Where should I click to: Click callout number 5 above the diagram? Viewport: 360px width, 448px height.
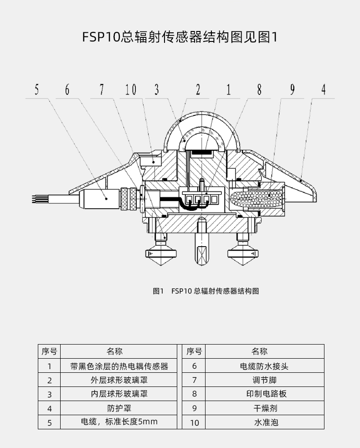point(36,89)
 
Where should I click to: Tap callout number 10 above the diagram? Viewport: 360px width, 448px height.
point(131,89)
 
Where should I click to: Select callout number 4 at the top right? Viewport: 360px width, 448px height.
point(324,89)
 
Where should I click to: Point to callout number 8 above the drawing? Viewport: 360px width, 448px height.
point(259,89)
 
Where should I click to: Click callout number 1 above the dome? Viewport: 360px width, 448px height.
point(228,89)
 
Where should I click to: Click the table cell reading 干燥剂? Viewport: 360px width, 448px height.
point(265,408)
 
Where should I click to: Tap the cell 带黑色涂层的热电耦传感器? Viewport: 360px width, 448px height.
point(119,366)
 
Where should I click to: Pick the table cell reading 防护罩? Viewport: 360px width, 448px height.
point(119,408)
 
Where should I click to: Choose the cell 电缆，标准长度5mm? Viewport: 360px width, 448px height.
point(119,422)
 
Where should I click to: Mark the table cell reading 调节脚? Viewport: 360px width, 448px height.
point(265,380)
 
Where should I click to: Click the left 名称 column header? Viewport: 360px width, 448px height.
point(114,351)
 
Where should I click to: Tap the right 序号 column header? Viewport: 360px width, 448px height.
point(194,351)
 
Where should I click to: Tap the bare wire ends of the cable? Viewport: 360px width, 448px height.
point(36,199)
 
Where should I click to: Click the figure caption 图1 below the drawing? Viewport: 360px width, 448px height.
point(158,291)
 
